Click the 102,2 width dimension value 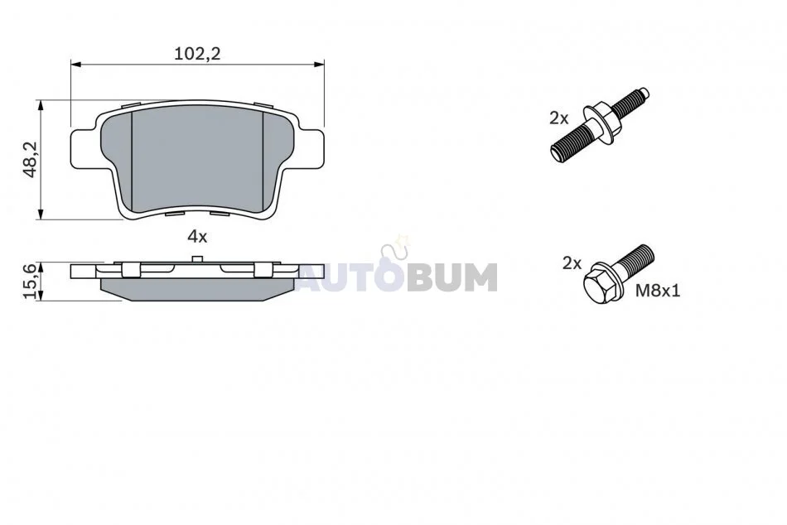(197, 53)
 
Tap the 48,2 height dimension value (31, 159)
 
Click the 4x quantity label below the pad (197, 236)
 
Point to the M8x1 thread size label (658, 291)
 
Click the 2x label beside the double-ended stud (558, 118)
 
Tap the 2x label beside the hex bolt (572, 263)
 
